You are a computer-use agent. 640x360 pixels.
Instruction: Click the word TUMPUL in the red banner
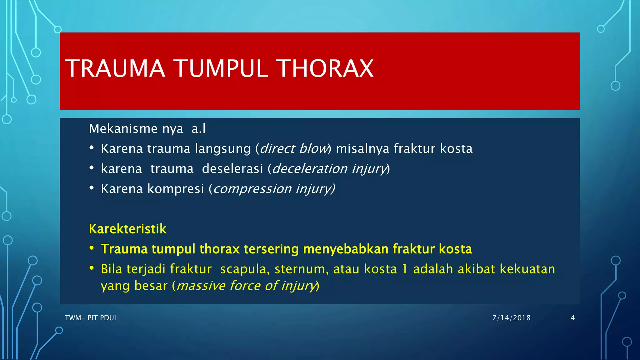221,68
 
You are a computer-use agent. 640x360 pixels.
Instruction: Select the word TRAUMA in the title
115,68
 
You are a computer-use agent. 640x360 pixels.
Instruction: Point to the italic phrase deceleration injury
329,169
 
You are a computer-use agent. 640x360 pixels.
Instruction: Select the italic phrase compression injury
273,189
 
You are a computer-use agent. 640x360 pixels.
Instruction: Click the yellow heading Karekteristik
127,229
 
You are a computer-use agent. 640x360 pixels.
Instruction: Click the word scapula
243,269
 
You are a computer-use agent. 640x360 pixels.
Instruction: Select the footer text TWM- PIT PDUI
90,318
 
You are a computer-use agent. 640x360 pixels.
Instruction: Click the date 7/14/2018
511,318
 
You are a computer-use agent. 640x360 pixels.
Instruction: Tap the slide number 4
572,318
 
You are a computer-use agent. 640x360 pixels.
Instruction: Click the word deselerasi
232,169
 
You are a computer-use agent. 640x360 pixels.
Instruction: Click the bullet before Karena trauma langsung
92,148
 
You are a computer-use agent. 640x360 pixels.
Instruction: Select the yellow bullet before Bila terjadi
92,268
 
